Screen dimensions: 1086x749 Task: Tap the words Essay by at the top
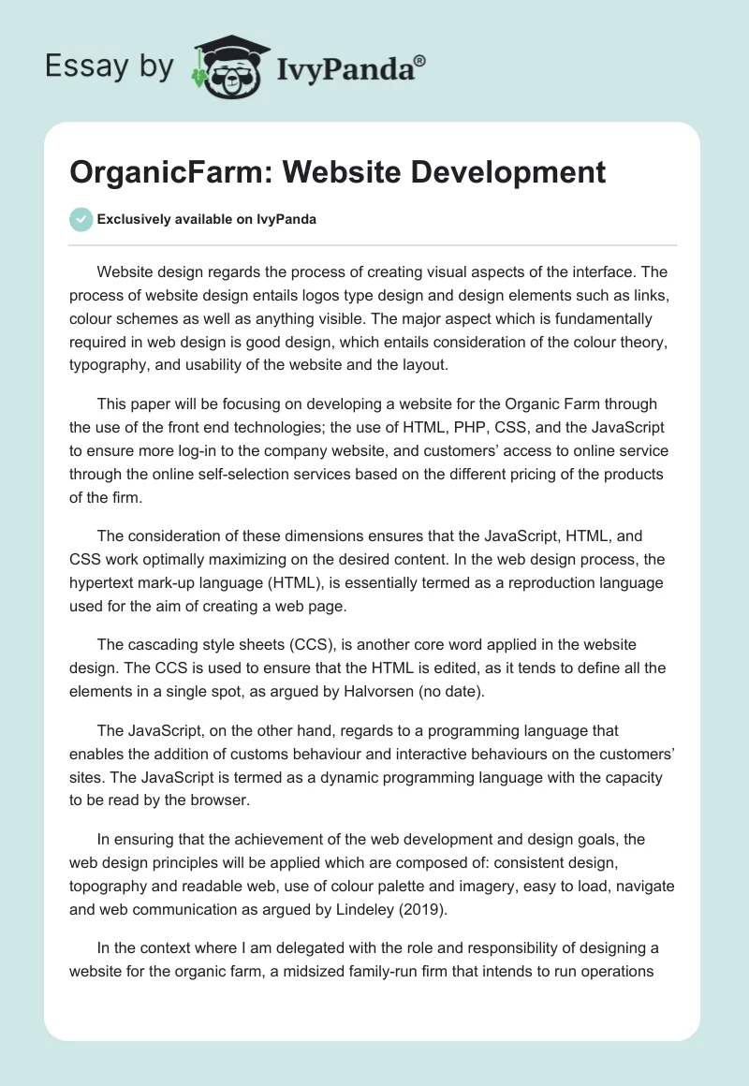110,66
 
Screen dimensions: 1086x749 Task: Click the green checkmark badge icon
81,219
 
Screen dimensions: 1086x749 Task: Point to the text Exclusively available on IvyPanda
207,220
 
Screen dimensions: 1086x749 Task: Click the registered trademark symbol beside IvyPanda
420,60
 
